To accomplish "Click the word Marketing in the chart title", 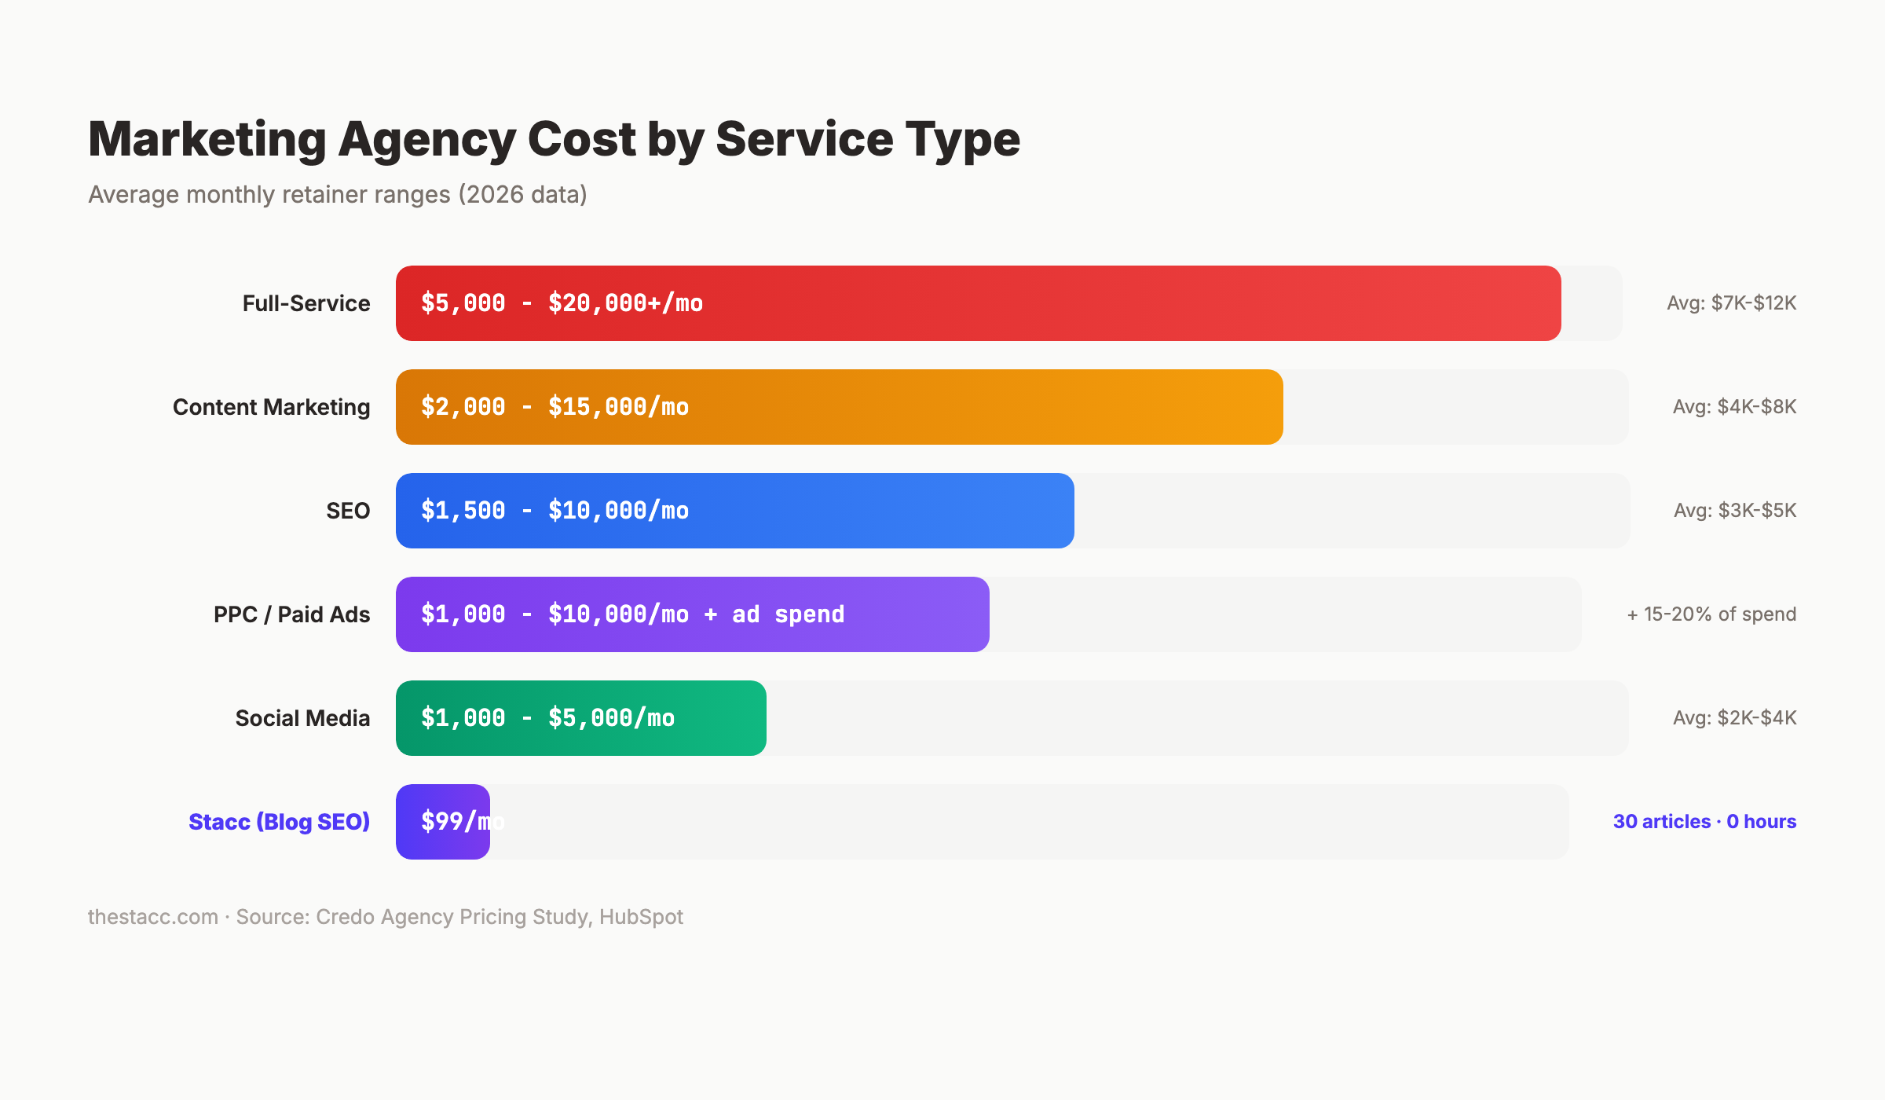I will (x=207, y=140).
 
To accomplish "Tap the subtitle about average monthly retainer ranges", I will (x=338, y=194).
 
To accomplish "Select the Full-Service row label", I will (x=306, y=303).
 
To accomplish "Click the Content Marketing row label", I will (x=271, y=407).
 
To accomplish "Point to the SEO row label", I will (x=348, y=511).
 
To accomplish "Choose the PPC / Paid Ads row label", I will (x=291, y=614).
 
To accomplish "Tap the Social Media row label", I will (x=302, y=718).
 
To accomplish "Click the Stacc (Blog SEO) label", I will (x=279, y=822).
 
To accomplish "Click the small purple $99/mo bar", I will (x=442, y=822).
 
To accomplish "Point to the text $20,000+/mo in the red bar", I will (x=625, y=303).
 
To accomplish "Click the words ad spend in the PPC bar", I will (x=788, y=614).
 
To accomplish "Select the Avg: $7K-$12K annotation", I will (x=1731, y=303).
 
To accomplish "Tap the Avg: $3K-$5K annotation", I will (x=1734, y=511).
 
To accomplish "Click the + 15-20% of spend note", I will (x=1711, y=614).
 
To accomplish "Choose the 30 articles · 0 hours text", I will (x=1704, y=822).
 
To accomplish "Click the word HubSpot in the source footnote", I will (x=641, y=917).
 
